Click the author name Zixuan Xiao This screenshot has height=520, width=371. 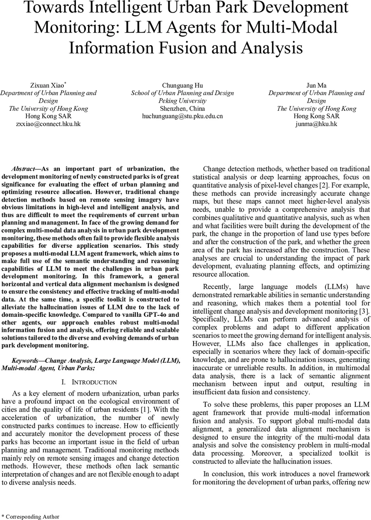pos(48,85)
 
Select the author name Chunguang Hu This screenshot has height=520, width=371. pos(182,85)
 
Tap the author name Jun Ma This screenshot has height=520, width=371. pos(316,85)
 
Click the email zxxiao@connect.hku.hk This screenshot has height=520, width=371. pos(48,124)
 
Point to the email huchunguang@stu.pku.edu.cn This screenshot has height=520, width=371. pos(182,116)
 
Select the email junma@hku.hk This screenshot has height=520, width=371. pos(316,124)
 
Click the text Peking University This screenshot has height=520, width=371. pos(182,101)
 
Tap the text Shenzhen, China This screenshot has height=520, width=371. pos(182,108)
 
